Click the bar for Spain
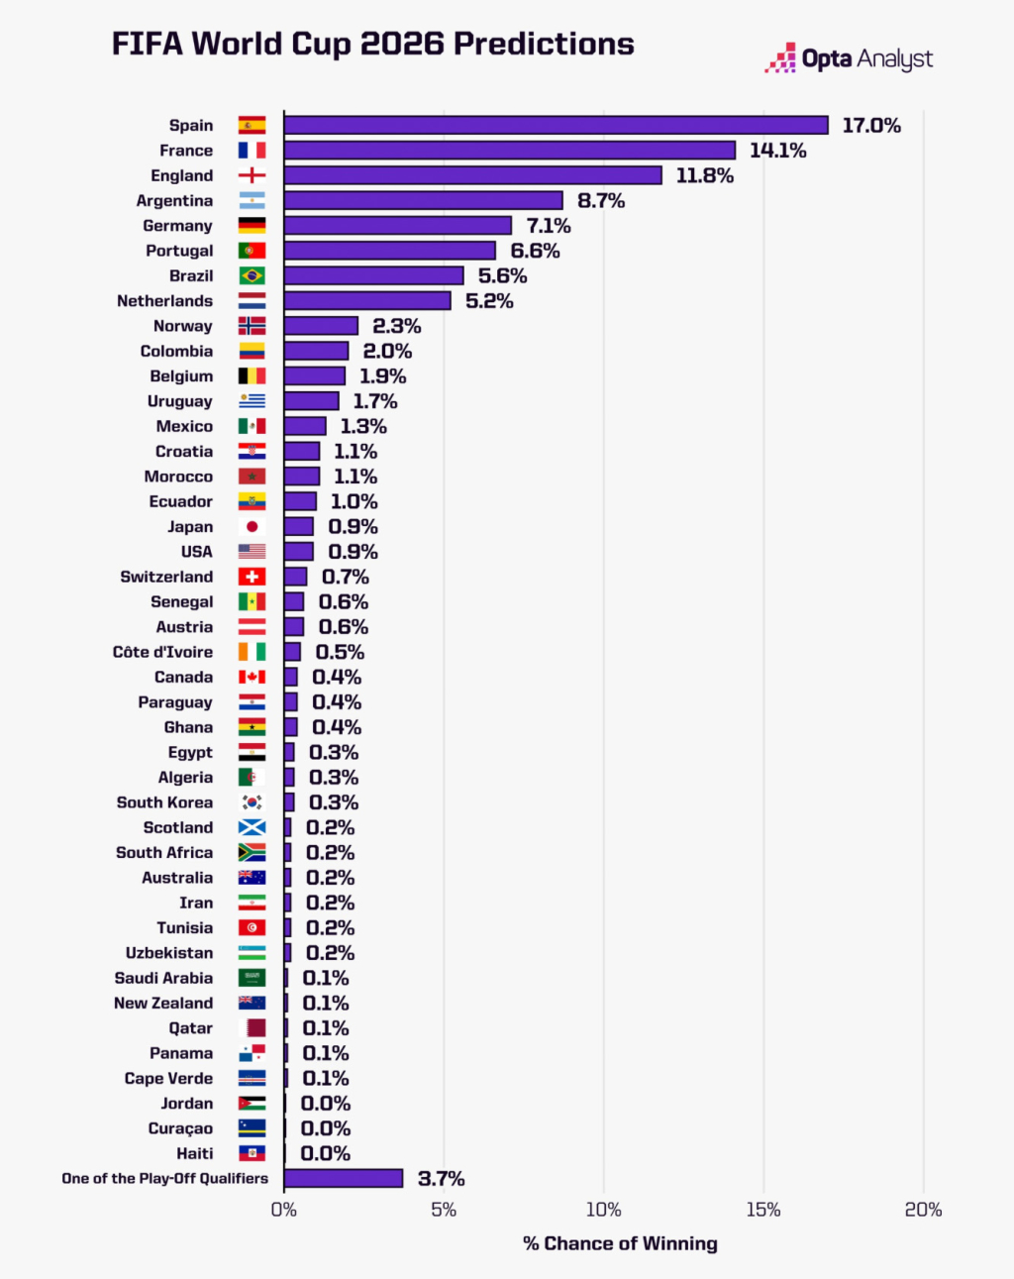(x=556, y=125)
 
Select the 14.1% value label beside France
(x=777, y=151)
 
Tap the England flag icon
(x=252, y=175)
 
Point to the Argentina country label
(x=174, y=201)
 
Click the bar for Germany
(x=397, y=226)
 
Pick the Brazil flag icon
(x=252, y=275)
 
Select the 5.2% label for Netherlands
(x=489, y=301)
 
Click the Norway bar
(x=321, y=326)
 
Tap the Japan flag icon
(x=252, y=527)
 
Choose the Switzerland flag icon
(x=252, y=577)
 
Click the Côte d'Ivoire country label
(x=162, y=652)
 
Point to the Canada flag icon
(x=252, y=677)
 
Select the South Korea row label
(x=164, y=802)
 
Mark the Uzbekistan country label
(x=169, y=953)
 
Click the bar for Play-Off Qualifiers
(x=343, y=1178)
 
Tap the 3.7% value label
(x=441, y=1179)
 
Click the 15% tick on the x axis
(x=763, y=1210)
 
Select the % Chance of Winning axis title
(x=620, y=1243)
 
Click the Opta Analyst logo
(x=849, y=58)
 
